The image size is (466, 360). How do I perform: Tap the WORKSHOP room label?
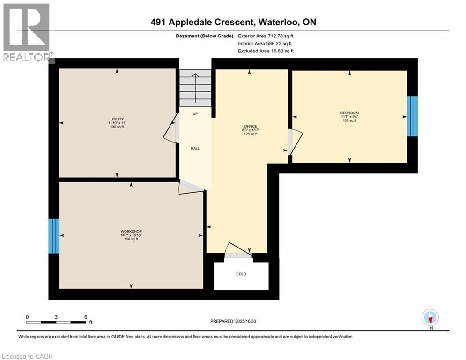131,232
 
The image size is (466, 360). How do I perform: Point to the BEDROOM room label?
349,113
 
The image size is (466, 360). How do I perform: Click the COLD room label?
241,274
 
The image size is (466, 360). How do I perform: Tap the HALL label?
195,148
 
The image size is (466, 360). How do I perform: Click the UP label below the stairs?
195,114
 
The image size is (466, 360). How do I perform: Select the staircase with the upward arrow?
195,88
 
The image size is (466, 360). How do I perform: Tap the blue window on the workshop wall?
54,236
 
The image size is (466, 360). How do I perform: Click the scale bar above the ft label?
56,322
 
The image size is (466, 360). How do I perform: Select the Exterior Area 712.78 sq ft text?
266,35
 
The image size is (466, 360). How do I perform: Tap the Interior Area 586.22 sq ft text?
266,43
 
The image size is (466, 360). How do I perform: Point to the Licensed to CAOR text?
28,356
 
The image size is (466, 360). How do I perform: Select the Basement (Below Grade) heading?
205,35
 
